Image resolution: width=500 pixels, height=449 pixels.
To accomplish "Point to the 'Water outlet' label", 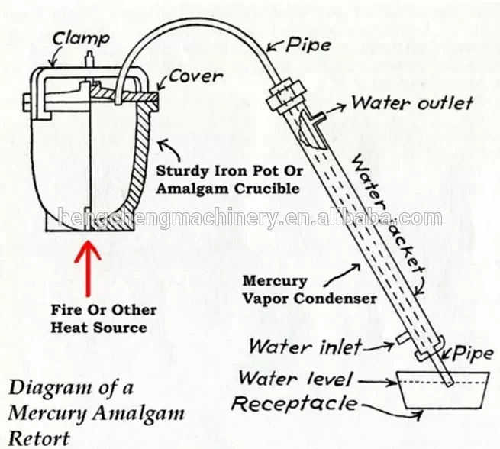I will [x=411, y=102].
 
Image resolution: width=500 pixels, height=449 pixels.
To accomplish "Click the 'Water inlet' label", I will [x=305, y=347].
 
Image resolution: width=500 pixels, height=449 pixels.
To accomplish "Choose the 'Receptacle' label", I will [x=293, y=403].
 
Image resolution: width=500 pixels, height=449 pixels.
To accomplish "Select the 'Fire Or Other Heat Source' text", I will [x=103, y=318].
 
